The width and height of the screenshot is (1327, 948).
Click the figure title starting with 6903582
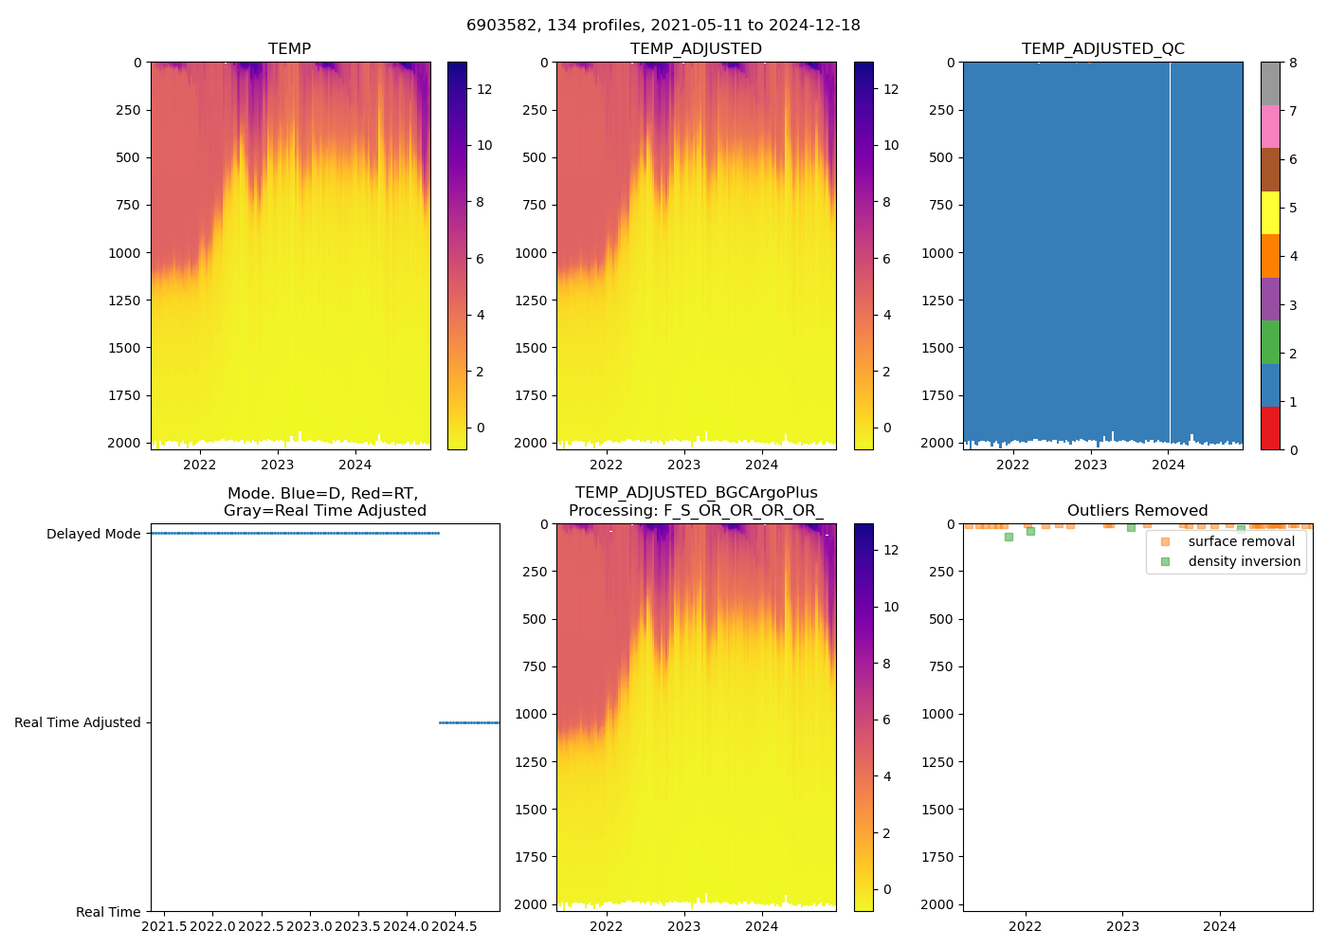[x=663, y=26]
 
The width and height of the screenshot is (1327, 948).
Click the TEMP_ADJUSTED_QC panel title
[x=1102, y=48]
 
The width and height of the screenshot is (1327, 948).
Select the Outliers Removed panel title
[x=1136, y=510]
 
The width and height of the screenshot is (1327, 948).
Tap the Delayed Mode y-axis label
[x=93, y=534]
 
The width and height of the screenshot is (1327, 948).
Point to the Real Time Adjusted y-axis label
[x=77, y=722]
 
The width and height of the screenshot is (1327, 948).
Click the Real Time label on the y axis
[x=108, y=912]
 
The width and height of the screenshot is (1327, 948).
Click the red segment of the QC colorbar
[x=1270, y=428]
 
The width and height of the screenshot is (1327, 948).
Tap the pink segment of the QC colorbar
[x=1270, y=126]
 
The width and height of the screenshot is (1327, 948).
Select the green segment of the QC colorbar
[x=1270, y=342]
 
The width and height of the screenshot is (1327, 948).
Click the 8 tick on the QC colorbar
[x=1294, y=63]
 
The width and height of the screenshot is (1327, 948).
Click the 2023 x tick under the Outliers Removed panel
[x=1122, y=926]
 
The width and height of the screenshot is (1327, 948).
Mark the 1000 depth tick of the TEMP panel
[x=125, y=253]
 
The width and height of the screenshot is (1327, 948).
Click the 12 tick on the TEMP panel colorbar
[x=484, y=89]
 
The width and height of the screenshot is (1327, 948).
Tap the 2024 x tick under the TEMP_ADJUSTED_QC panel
[x=1169, y=465]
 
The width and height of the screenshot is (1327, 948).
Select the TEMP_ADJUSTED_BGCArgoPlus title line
[x=696, y=493]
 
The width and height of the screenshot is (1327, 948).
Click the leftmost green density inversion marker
[x=1009, y=537]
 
